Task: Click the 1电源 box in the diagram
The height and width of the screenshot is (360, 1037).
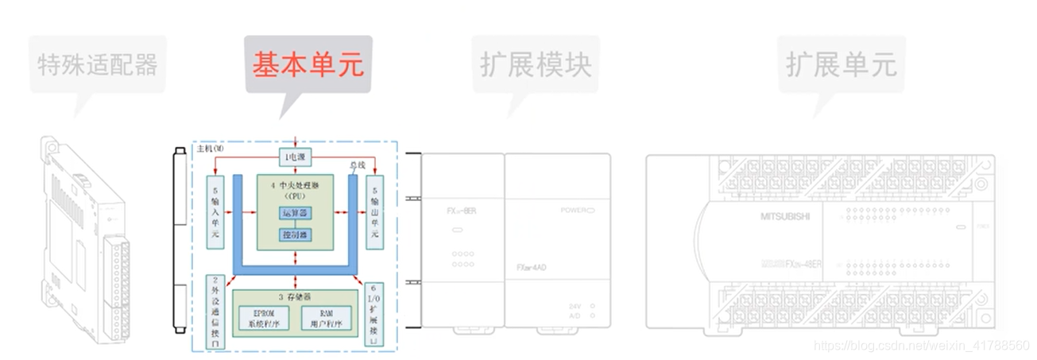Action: pos(296,157)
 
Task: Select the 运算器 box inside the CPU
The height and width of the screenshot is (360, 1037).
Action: pos(296,212)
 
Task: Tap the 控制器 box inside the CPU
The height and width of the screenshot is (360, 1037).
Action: pos(296,234)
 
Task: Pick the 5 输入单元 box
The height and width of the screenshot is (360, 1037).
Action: pos(217,212)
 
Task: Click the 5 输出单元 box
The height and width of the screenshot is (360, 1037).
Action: pos(374,212)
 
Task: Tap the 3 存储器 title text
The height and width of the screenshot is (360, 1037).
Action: pos(295,296)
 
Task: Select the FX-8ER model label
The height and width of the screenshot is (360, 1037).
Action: pos(462,211)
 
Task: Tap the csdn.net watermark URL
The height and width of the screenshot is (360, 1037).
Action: pos(923,346)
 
